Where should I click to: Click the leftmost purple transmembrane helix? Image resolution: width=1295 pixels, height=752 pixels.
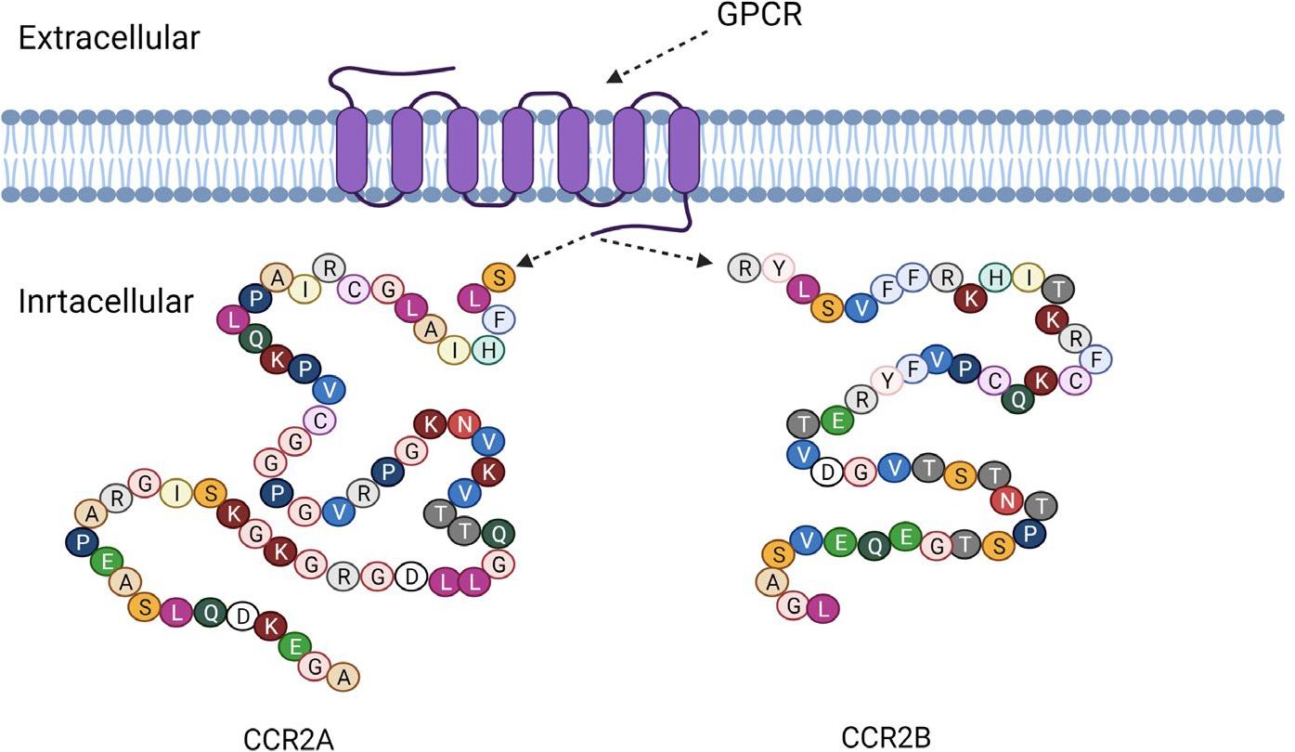pos(352,150)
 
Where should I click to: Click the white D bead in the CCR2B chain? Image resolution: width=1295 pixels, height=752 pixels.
pos(826,473)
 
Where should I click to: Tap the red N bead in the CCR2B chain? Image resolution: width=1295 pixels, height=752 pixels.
pos(1007,500)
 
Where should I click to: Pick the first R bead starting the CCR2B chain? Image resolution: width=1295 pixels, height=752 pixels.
pos(744,268)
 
